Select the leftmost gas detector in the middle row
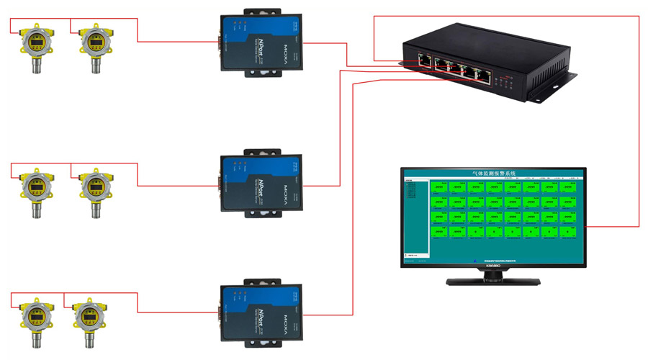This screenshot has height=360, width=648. pyautogui.click(x=34, y=188)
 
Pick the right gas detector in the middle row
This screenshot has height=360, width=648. pyautogui.click(x=94, y=188)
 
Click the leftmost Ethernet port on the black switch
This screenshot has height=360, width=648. pyautogui.click(x=425, y=61)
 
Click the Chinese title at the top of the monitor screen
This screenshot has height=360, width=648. pyautogui.click(x=494, y=174)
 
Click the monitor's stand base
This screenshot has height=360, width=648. pyautogui.click(x=494, y=281)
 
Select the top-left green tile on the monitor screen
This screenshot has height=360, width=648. pyautogui.click(x=438, y=187)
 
